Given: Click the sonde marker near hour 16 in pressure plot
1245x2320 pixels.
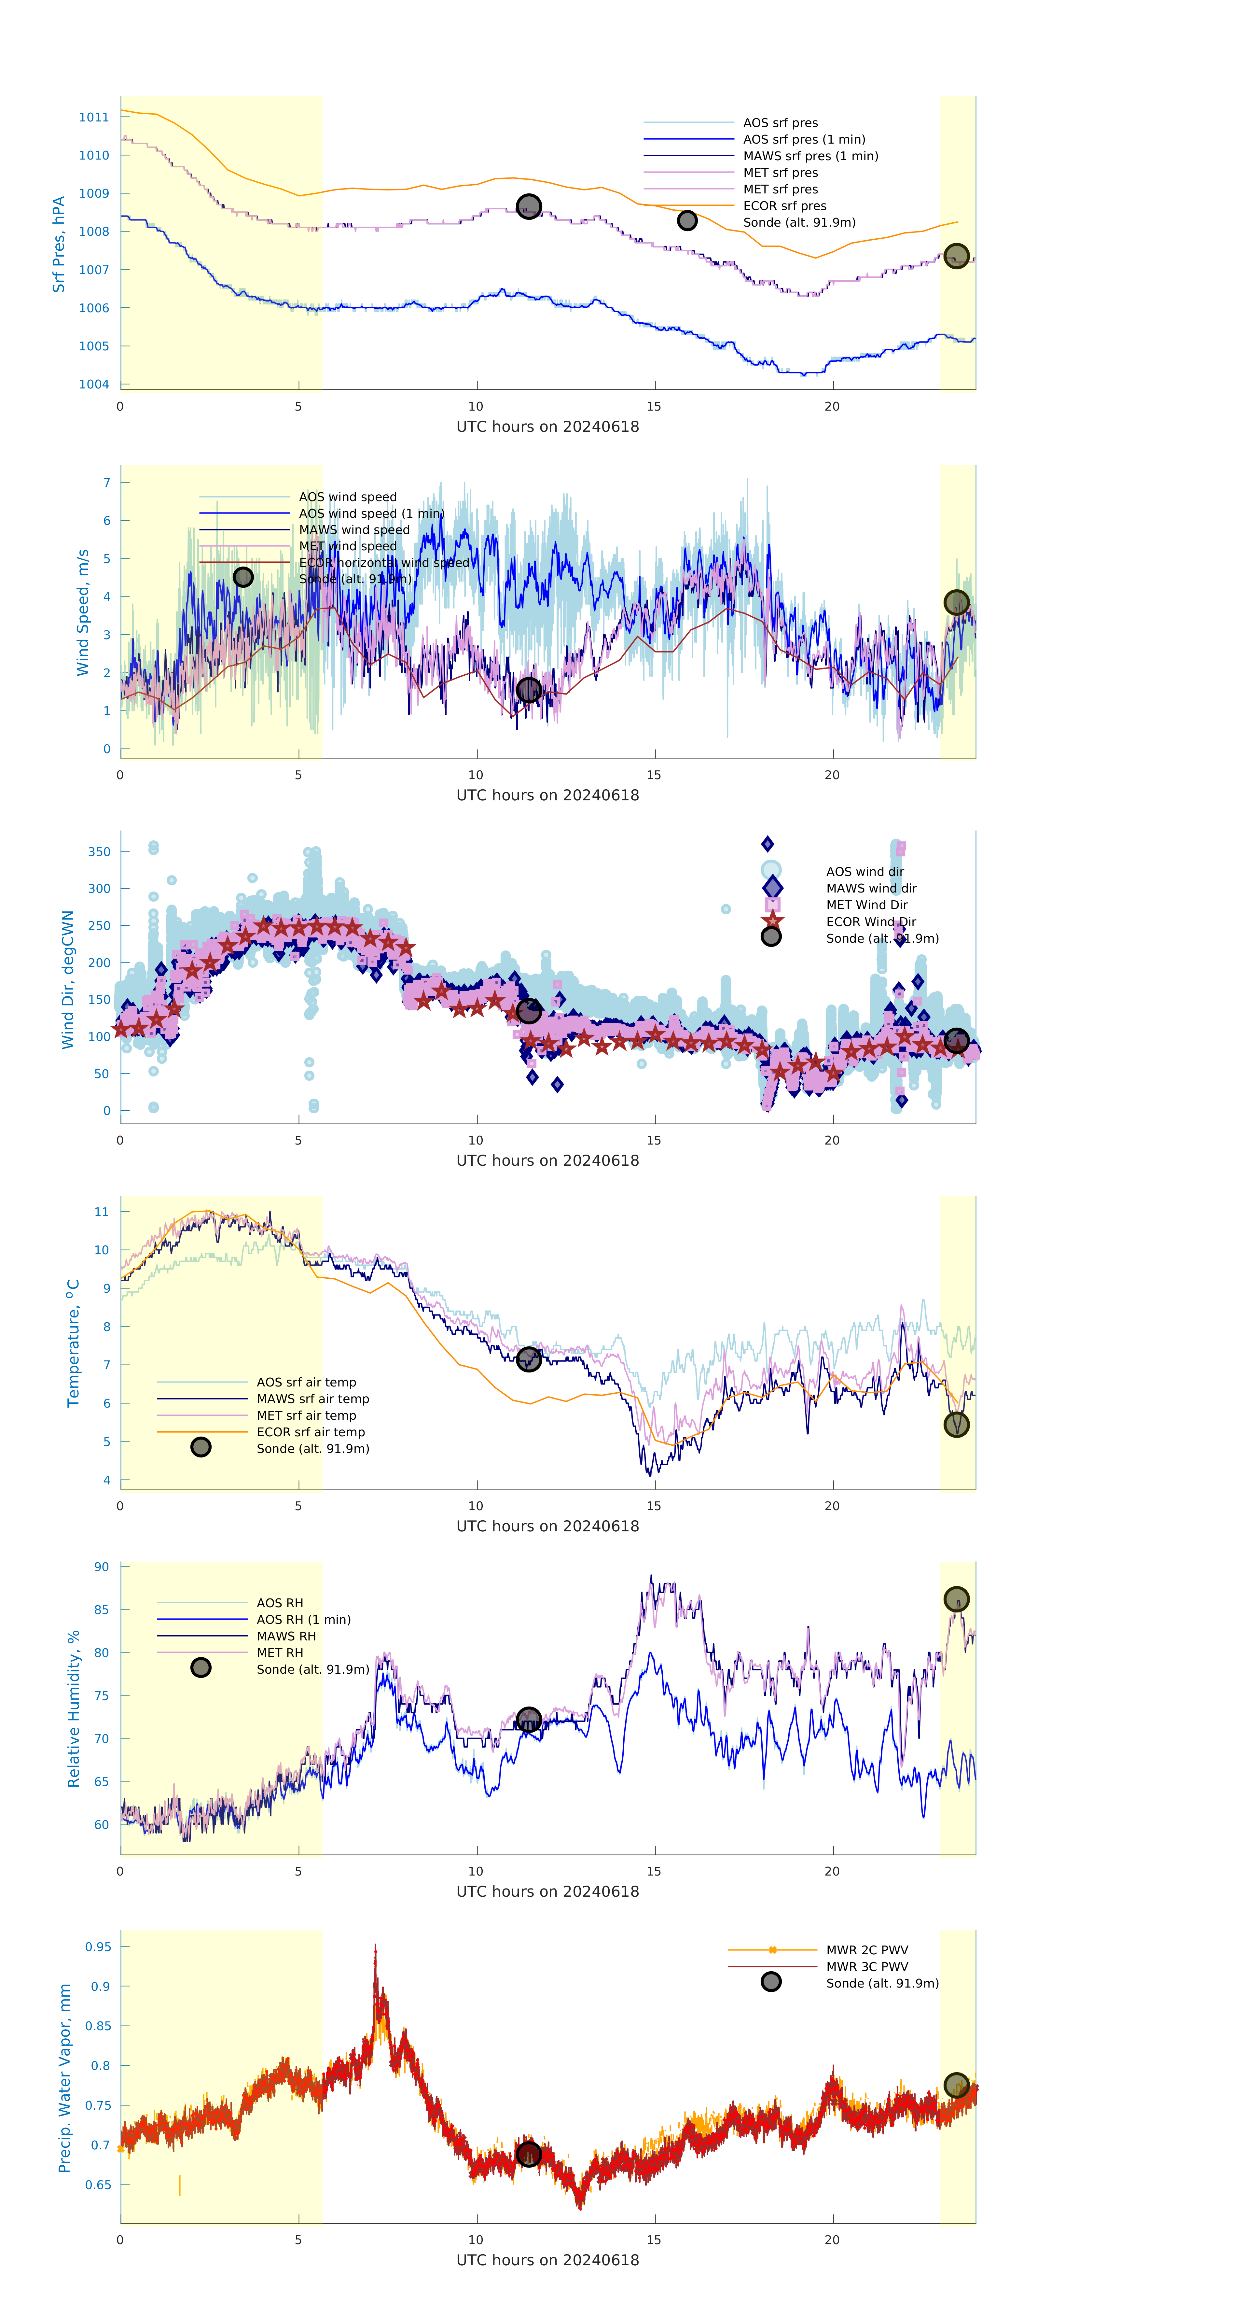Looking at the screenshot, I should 687,221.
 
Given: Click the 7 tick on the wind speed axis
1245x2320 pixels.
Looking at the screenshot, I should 106,483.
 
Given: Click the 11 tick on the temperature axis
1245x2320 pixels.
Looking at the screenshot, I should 102,1212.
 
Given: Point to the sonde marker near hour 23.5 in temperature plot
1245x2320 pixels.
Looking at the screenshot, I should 956,1425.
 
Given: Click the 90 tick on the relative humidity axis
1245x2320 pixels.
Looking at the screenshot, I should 102,1567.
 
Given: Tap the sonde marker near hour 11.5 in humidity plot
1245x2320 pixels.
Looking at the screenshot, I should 529,1720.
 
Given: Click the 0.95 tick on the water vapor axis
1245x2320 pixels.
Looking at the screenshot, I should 98,1947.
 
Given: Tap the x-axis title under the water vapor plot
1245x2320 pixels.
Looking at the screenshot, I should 547,2260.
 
